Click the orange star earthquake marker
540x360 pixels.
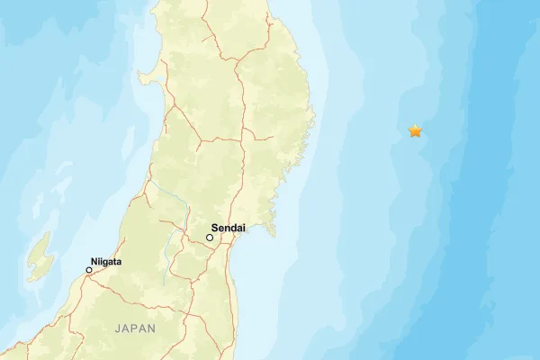415,131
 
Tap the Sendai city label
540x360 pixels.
228,229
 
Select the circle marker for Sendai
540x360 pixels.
210,238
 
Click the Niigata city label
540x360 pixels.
106,262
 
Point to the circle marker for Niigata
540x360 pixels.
89,270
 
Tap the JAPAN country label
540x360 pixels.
135,329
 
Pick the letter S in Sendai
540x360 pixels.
214,229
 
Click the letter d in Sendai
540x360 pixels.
233,229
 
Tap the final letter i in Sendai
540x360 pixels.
244,229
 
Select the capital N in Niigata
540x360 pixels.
94,262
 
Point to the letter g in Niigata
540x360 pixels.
104,263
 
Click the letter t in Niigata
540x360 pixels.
114,262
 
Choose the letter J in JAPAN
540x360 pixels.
117,329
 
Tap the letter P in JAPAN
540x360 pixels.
135,329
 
